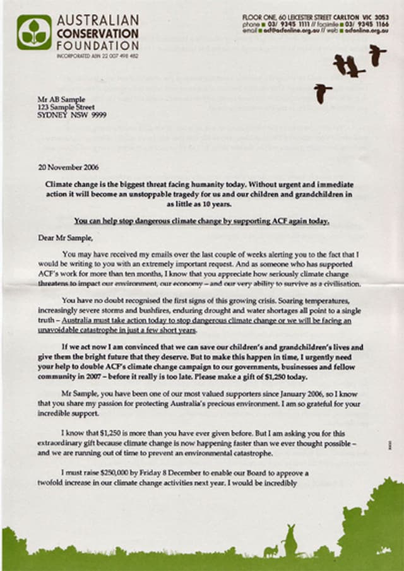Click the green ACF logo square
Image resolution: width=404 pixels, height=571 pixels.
(34, 33)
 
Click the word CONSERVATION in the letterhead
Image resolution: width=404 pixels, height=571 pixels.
(97, 33)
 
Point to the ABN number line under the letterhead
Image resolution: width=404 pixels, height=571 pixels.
(97, 56)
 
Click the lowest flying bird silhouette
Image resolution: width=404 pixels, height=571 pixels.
(323, 93)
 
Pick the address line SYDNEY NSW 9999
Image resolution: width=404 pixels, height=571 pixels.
(71, 115)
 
